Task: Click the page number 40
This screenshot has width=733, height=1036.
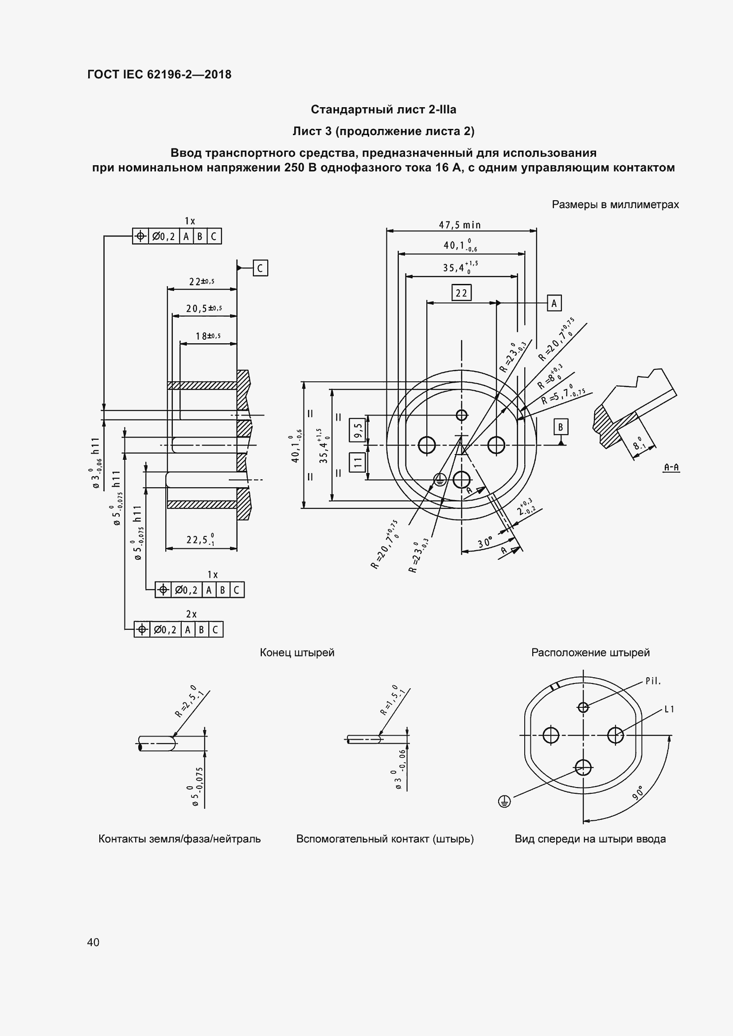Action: (94, 942)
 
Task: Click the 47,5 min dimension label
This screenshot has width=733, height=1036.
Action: (460, 225)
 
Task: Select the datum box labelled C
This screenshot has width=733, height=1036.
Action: (260, 268)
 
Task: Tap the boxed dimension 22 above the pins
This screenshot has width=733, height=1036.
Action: (461, 293)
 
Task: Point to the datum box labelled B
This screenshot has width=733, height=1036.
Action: (561, 427)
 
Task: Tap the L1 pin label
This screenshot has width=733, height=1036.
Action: (669, 709)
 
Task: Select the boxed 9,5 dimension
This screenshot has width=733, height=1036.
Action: (358, 430)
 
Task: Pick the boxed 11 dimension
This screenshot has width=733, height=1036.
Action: (358, 462)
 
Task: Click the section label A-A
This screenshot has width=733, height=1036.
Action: (671, 467)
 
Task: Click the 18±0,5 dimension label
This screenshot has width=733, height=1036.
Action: (208, 336)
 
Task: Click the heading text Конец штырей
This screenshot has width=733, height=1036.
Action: (297, 652)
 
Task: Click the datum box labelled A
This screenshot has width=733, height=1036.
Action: (554, 303)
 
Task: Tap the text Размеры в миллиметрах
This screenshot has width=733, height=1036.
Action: (615, 204)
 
